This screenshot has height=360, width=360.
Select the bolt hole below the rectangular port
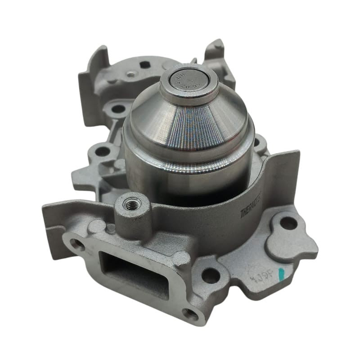click(x=191, y=314)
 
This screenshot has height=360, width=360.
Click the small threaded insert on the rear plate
click(x=131, y=75)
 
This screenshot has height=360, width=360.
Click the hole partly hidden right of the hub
click(x=258, y=144)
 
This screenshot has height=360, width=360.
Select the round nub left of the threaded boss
click(x=96, y=225)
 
